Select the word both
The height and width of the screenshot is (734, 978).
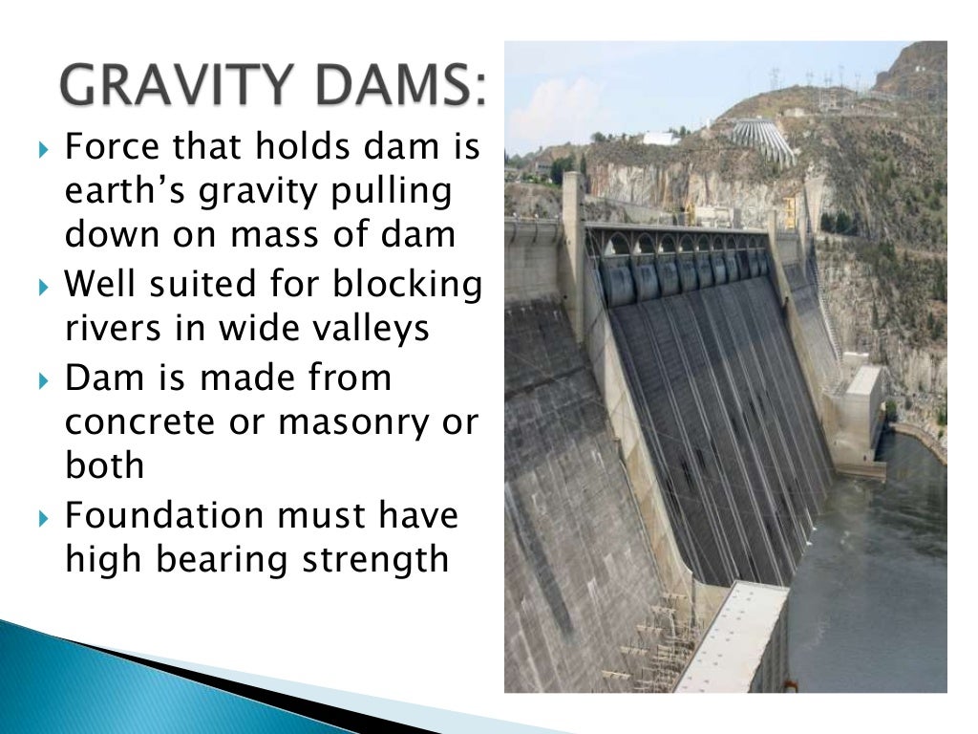click(105, 465)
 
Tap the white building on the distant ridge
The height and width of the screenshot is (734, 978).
click(660, 138)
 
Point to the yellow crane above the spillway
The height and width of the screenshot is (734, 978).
click(790, 211)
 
